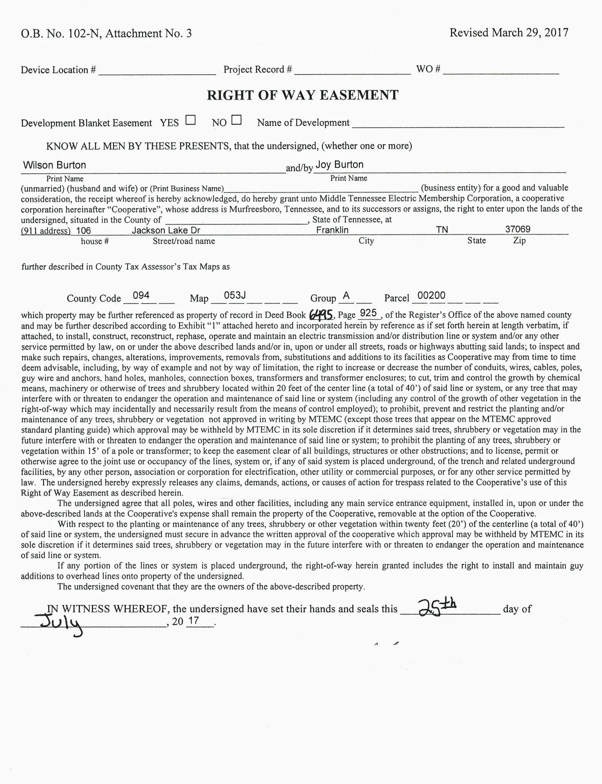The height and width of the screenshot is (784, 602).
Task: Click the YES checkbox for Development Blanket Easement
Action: [190, 120]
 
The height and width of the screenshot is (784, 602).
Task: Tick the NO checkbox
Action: [237, 120]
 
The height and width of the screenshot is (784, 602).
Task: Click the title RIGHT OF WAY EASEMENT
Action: [303, 95]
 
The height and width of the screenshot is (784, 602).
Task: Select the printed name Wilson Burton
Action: [54, 165]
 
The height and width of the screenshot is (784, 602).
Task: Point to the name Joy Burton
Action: [339, 165]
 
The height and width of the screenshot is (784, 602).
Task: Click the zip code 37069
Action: [518, 229]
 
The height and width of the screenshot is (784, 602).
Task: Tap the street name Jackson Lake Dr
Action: [166, 230]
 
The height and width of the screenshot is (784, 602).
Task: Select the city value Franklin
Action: [332, 230]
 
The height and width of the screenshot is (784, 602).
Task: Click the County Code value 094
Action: [141, 296]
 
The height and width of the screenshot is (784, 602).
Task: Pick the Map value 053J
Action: [234, 296]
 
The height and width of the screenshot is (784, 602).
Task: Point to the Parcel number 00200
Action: [431, 296]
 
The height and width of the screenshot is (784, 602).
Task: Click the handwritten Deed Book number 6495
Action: [321, 315]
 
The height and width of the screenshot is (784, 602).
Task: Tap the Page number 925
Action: [368, 313]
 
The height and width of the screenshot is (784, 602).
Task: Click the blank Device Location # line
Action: [157, 70]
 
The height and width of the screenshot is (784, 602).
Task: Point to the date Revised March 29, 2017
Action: [509, 33]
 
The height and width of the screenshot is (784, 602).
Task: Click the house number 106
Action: [83, 230]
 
